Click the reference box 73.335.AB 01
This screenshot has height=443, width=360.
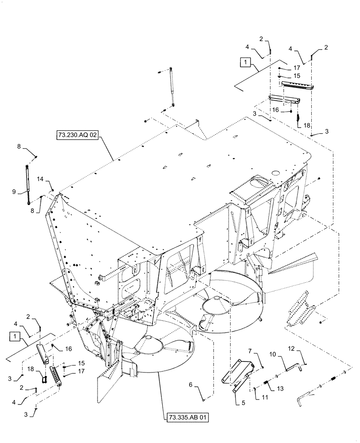(x=188, y=417)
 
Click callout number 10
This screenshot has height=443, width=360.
(x=273, y=354)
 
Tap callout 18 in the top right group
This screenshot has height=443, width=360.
(x=306, y=125)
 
